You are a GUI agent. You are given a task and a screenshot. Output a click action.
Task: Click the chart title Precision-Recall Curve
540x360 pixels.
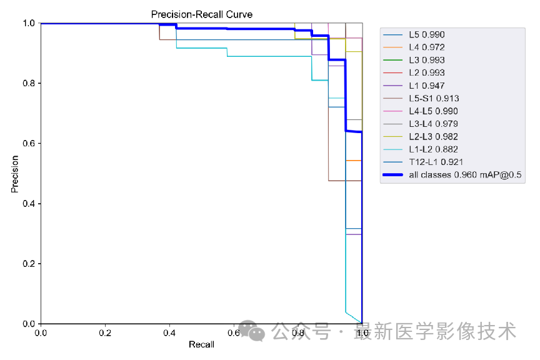[202, 14]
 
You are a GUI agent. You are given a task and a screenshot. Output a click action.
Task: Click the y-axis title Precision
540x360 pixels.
[14, 174]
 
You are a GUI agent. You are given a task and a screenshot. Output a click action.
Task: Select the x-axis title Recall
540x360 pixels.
[201, 344]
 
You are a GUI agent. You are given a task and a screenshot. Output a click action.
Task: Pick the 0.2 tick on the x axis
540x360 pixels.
[105, 332]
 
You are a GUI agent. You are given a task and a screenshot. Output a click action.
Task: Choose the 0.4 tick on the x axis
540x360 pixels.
[169, 332]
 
